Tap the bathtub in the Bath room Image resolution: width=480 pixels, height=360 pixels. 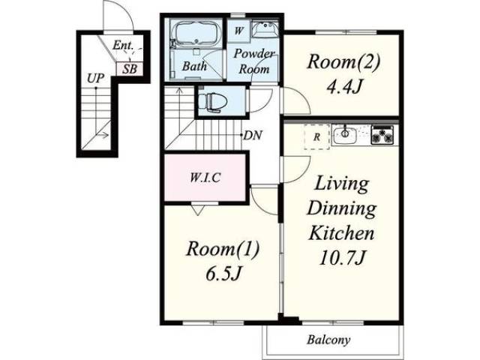196,34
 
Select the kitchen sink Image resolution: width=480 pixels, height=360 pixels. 345,135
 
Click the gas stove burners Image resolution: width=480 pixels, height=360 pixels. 382,135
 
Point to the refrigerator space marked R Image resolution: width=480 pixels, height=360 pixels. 316,136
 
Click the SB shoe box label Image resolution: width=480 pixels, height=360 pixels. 130,69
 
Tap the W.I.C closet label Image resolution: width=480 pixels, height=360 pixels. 205,178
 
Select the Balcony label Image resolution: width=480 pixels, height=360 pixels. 328,340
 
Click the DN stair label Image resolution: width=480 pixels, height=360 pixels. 253,135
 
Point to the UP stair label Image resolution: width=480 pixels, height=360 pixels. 95,79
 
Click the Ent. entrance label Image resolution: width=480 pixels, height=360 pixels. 123,45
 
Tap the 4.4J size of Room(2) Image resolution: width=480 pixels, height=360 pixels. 344,87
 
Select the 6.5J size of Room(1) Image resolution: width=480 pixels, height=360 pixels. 223,273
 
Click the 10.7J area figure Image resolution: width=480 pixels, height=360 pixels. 342,258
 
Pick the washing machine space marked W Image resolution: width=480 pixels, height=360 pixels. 238,31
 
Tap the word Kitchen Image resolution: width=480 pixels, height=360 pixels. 341,233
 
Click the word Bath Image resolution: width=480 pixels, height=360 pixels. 194,66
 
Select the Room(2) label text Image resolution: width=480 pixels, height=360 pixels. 343,61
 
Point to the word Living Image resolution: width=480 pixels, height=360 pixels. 342,184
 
